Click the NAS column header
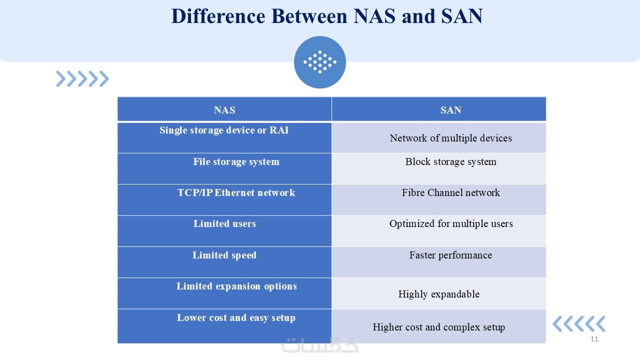[x=224, y=109]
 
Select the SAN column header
[x=439, y=109]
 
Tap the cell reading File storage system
[x=224, y=168]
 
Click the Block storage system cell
[x=439, y=168]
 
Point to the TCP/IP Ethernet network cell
[x=224, y=199]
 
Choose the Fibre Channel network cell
[x=439, y=199]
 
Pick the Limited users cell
[x=224, y=231]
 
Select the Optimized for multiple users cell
[x=439, y=231]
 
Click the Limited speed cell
[x=224, y=262]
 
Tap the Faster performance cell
[x=439, y=262]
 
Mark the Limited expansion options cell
[x=224, y=293]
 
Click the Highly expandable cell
[x=439, y=293]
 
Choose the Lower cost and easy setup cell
[x=224, y=326]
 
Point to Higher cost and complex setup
[x=439, y=326]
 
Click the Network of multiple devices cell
[x=439, y=137]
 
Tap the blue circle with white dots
[x=320, y=62]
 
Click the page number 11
[x=594, y=339]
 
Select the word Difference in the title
[x=218, y=16]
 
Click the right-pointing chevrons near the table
[x=82, y=79]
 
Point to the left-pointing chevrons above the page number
[x=579, y=323]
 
